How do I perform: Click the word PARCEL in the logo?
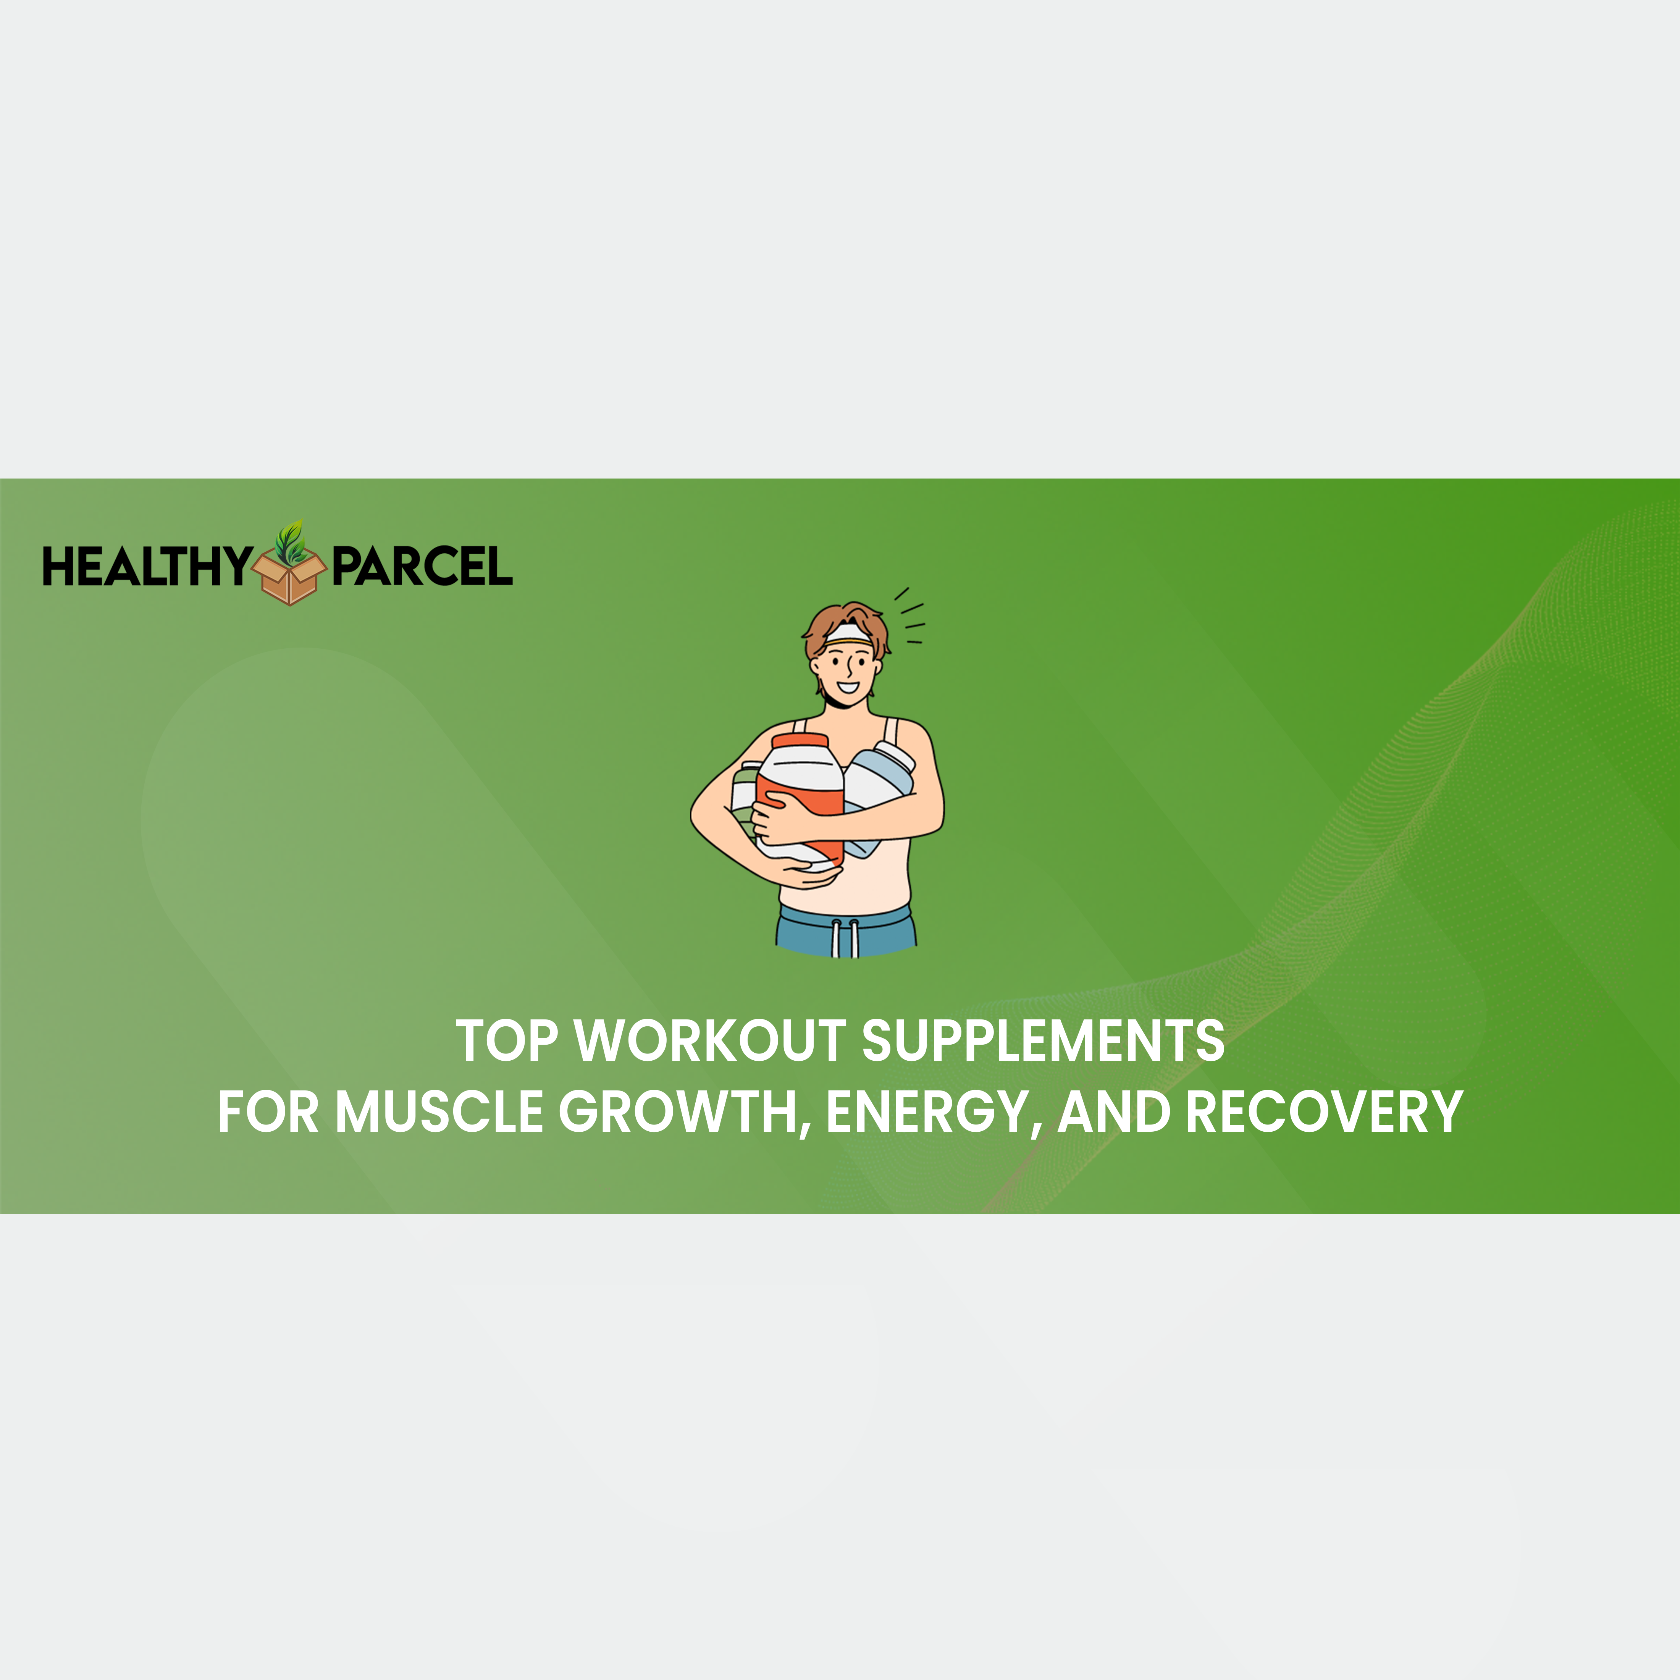click(x=423, y=567)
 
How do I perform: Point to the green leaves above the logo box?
click(x=289, y=541)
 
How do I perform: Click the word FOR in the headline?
click(x=269, y=1112)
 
